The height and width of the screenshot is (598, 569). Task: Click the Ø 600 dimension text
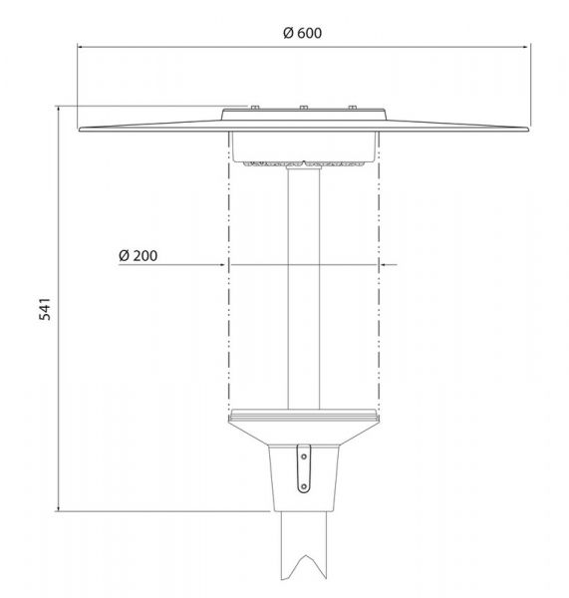click(x=302, y=33)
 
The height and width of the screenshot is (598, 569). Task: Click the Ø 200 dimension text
click(x=139, y=255)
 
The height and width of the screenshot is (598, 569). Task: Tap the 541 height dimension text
click(x=45, y=309)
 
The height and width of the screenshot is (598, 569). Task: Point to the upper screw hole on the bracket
click(x=304, y=456)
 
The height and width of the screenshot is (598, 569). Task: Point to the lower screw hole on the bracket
click(x=304, y=486)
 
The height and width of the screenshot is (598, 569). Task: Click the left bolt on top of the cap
click(x=255, y=108)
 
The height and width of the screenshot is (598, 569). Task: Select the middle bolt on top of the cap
click(x=304, y=108)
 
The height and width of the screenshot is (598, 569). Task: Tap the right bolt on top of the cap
click(x=353, y=108)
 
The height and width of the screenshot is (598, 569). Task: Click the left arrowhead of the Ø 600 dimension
click(x=80, y=47)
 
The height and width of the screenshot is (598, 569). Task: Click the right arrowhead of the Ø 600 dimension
click(x=527, y=47)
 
